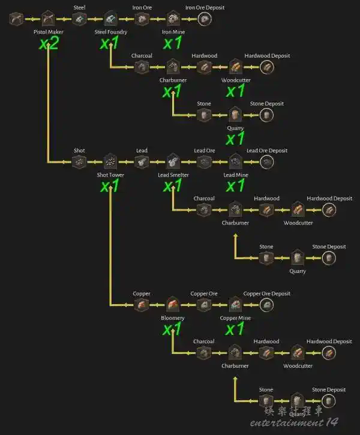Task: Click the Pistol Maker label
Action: pyautogui.click(x=48, y=32)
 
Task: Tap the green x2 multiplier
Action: pyautogui.click(x=49, y=43)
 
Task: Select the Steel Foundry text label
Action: pyautogui.click(x=110, y=32)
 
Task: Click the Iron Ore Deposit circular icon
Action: pyautogui.click(x=205, y=19)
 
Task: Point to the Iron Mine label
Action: pyautogui.click(x=173, y=32)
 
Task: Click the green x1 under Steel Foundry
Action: pyautogui.click(x=109, y=43)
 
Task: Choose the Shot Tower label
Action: pyautogui.click(x=110, y=175)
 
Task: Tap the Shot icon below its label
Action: pyautogui.click(x=79, y=162)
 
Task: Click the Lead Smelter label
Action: pyautogui.click(x=173, y=175)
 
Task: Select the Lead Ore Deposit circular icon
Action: pyautogui.click(x=267, y=162)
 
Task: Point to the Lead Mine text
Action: pyautogui.click(x=236, y=175)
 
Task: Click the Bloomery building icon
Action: pyautogui.click(x=173, y=305)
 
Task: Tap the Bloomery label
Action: pyautogui.click(x=173, y=318)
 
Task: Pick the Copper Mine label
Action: pyautogui.click(x=235, y=318)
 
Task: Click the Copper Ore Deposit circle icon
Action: pyautogui.click(x=266, y=305)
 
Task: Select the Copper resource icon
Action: pyautogui.click(x=142, y=305)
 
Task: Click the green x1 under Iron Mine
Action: pyautogui.click(x=173, y=43)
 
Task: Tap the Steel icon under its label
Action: pyautogui.click(x=79, y=19)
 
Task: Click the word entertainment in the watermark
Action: pyautogui.click(x=287, y=422)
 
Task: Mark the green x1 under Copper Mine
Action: pyautogui.click(x=235, y=329)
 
